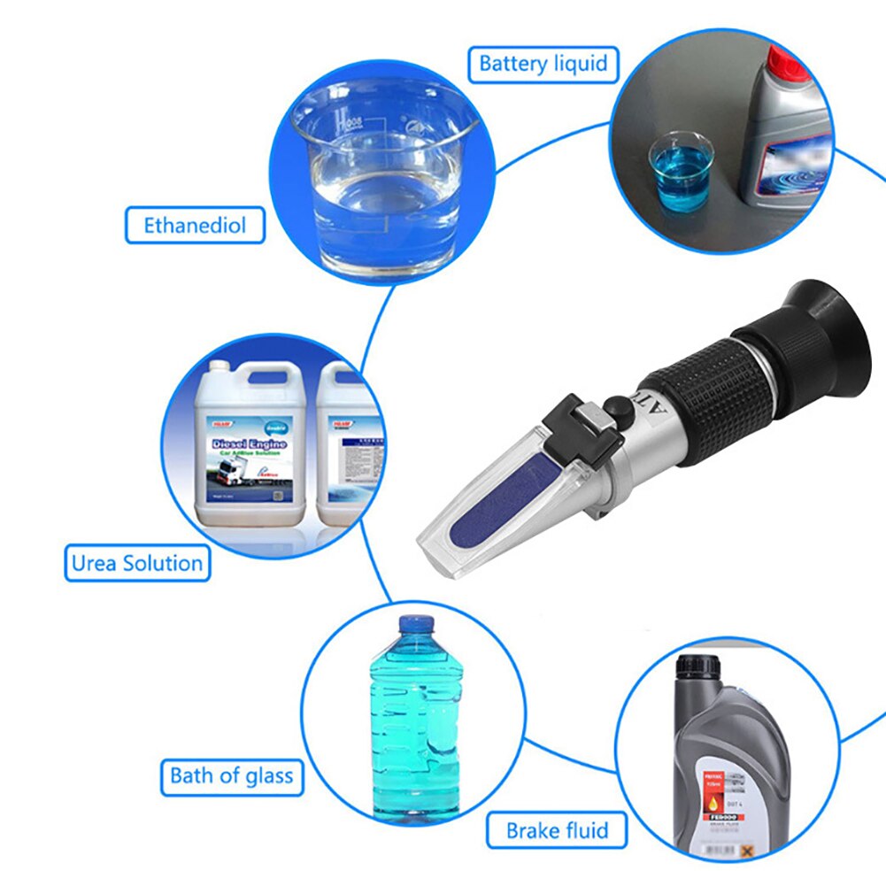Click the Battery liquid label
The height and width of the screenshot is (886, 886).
[543, 64]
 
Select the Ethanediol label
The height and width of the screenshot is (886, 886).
[194, 226]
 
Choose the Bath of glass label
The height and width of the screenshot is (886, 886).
[231, 776]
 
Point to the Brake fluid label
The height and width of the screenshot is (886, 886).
[557, 831]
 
